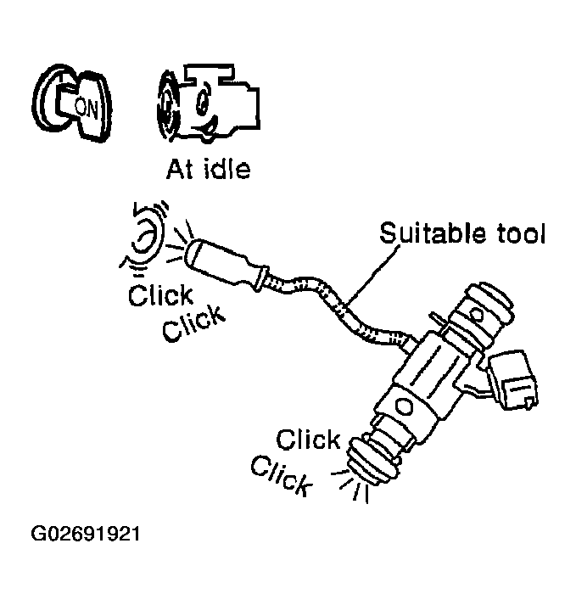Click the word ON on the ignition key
[x=87, y=106]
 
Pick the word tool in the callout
[x=515, y=233]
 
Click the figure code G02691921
[x=86, y=536]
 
